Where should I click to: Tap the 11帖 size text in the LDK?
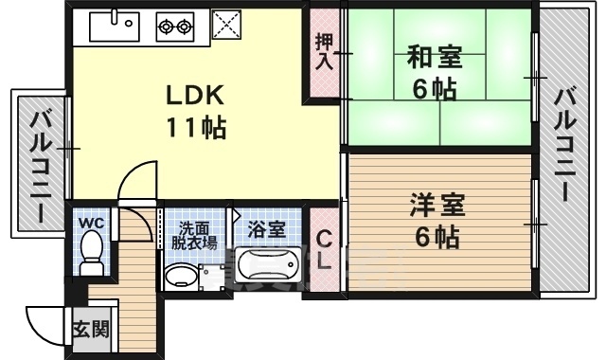(x=196, y=127)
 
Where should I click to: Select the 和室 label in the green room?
(x=436, y=57)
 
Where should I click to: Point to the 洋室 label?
(x=436, y=205)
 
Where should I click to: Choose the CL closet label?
(x=323, y=250)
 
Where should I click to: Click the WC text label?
(x=92, y=223)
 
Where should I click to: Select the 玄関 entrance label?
(x=91, y=331)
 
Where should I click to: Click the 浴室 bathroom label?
(x=266, y=229)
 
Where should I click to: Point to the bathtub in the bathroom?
(x=268, y=270)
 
